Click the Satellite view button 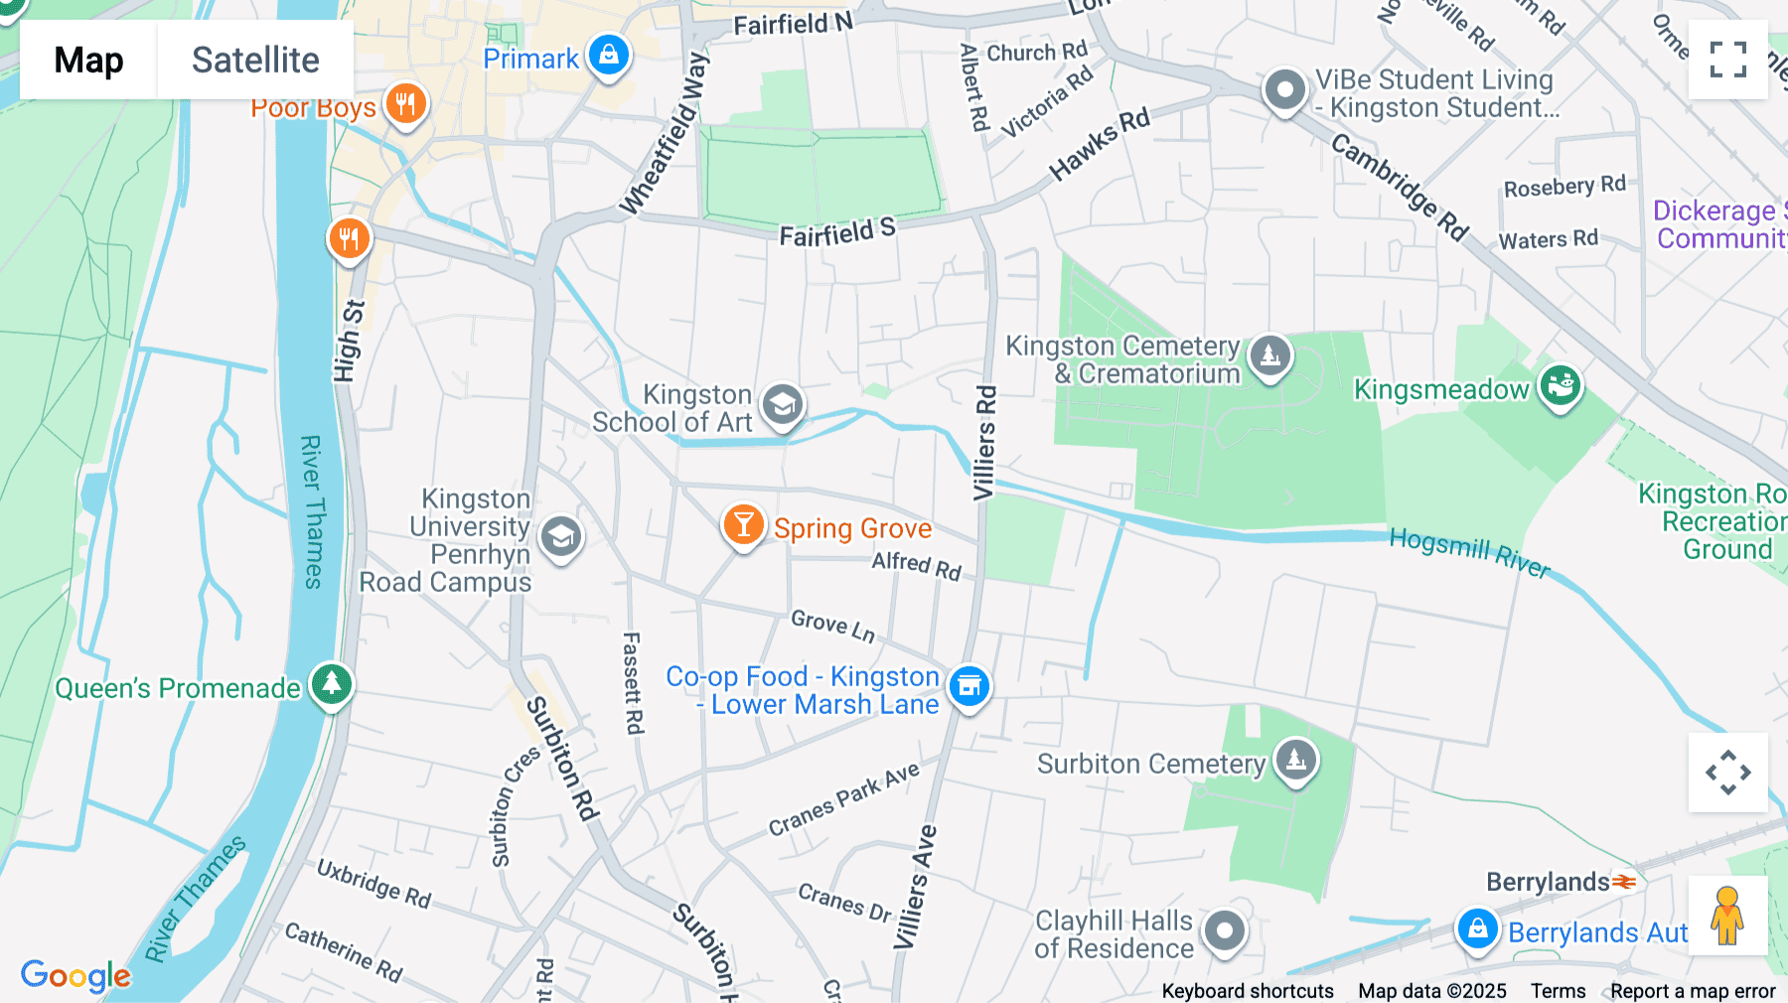(255, 60)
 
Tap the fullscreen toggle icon (1727, 60)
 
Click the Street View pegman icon (1727, 916)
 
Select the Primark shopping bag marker (609, 54)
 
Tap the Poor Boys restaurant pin (405, 102)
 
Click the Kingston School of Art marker (783, 405)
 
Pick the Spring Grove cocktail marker (743, 524)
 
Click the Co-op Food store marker (969, 685)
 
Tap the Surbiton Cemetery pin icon (1295, 761)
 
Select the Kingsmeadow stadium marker (1560, 385)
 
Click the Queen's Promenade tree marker (332, 684)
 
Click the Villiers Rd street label (983, 443)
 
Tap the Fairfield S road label (836, 232)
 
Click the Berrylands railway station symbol (1624, 881)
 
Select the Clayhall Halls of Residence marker (1224, 931)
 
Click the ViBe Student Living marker (1284, 90)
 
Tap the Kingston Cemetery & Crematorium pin (1269, 356)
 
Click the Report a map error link (1693, 991)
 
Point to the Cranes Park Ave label (843, 798)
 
